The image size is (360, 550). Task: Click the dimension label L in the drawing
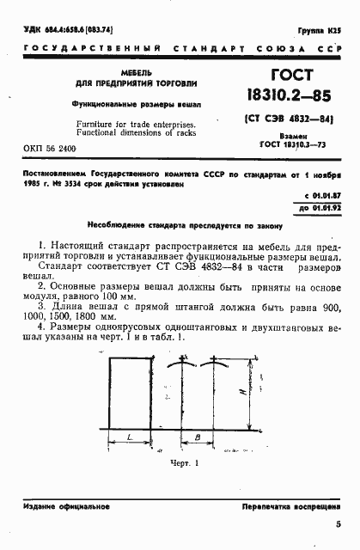coord(126,439)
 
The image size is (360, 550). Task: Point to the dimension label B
coord(198,439)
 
